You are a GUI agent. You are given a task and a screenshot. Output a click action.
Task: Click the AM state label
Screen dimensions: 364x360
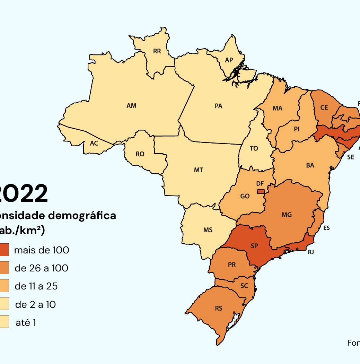pos(131,106)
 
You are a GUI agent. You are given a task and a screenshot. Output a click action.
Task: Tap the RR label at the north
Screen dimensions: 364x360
pos(157,51)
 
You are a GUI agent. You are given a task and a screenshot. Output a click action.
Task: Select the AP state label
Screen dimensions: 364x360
pos(229,60)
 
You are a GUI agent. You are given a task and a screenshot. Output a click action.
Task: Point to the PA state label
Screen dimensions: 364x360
pos(218,106)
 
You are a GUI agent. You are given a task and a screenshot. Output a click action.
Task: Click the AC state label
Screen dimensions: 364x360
pos(94,143)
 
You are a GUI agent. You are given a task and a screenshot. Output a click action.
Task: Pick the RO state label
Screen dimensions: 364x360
pos(140,154)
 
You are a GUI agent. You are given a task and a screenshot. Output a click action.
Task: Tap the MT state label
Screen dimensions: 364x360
pos(199,170)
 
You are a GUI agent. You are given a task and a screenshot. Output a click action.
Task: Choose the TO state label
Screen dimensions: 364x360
pos(254,148)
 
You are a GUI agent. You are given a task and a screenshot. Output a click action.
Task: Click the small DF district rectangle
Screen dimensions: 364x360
pos(261,191)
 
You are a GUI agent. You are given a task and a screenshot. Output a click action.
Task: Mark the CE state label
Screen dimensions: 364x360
pos(324,108)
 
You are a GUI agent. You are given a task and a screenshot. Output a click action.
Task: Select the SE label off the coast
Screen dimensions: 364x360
pos(351,157)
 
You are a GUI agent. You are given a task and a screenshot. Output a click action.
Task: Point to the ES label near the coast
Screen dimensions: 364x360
pos(326,228)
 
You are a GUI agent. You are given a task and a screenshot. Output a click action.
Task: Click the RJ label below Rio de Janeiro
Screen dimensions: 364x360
pos(311,252)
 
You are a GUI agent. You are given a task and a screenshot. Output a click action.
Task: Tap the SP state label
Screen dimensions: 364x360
pos(254,246)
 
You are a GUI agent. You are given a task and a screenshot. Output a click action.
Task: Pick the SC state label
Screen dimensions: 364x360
pos(244,286)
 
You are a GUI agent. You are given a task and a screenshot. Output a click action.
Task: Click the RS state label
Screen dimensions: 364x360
pos(219,309)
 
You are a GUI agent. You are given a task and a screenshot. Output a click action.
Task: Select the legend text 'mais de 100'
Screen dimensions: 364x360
pos(42,250)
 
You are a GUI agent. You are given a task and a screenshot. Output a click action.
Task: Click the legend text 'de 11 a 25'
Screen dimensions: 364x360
pos(36,286)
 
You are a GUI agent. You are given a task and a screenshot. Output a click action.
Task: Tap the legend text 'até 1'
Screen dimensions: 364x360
pos(26,323)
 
